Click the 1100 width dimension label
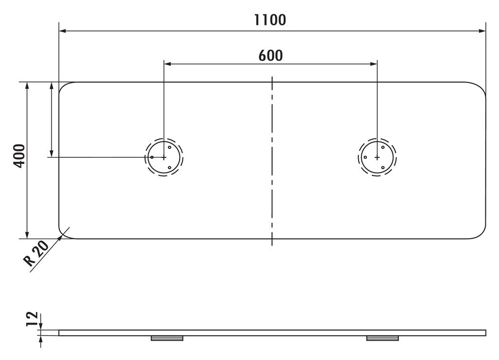[x=270, y=19]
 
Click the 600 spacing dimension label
[x=270, y=56]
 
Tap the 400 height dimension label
[x=19, y=156]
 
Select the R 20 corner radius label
[x=36, y=253]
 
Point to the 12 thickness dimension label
[x=32, y=319]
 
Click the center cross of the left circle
[x=164, y=157]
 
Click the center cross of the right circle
[x=377, y=157]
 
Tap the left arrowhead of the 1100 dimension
[x=62, y=31]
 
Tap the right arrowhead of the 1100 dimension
[x=482, y=31]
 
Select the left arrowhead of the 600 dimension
[x=168, y=64]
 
